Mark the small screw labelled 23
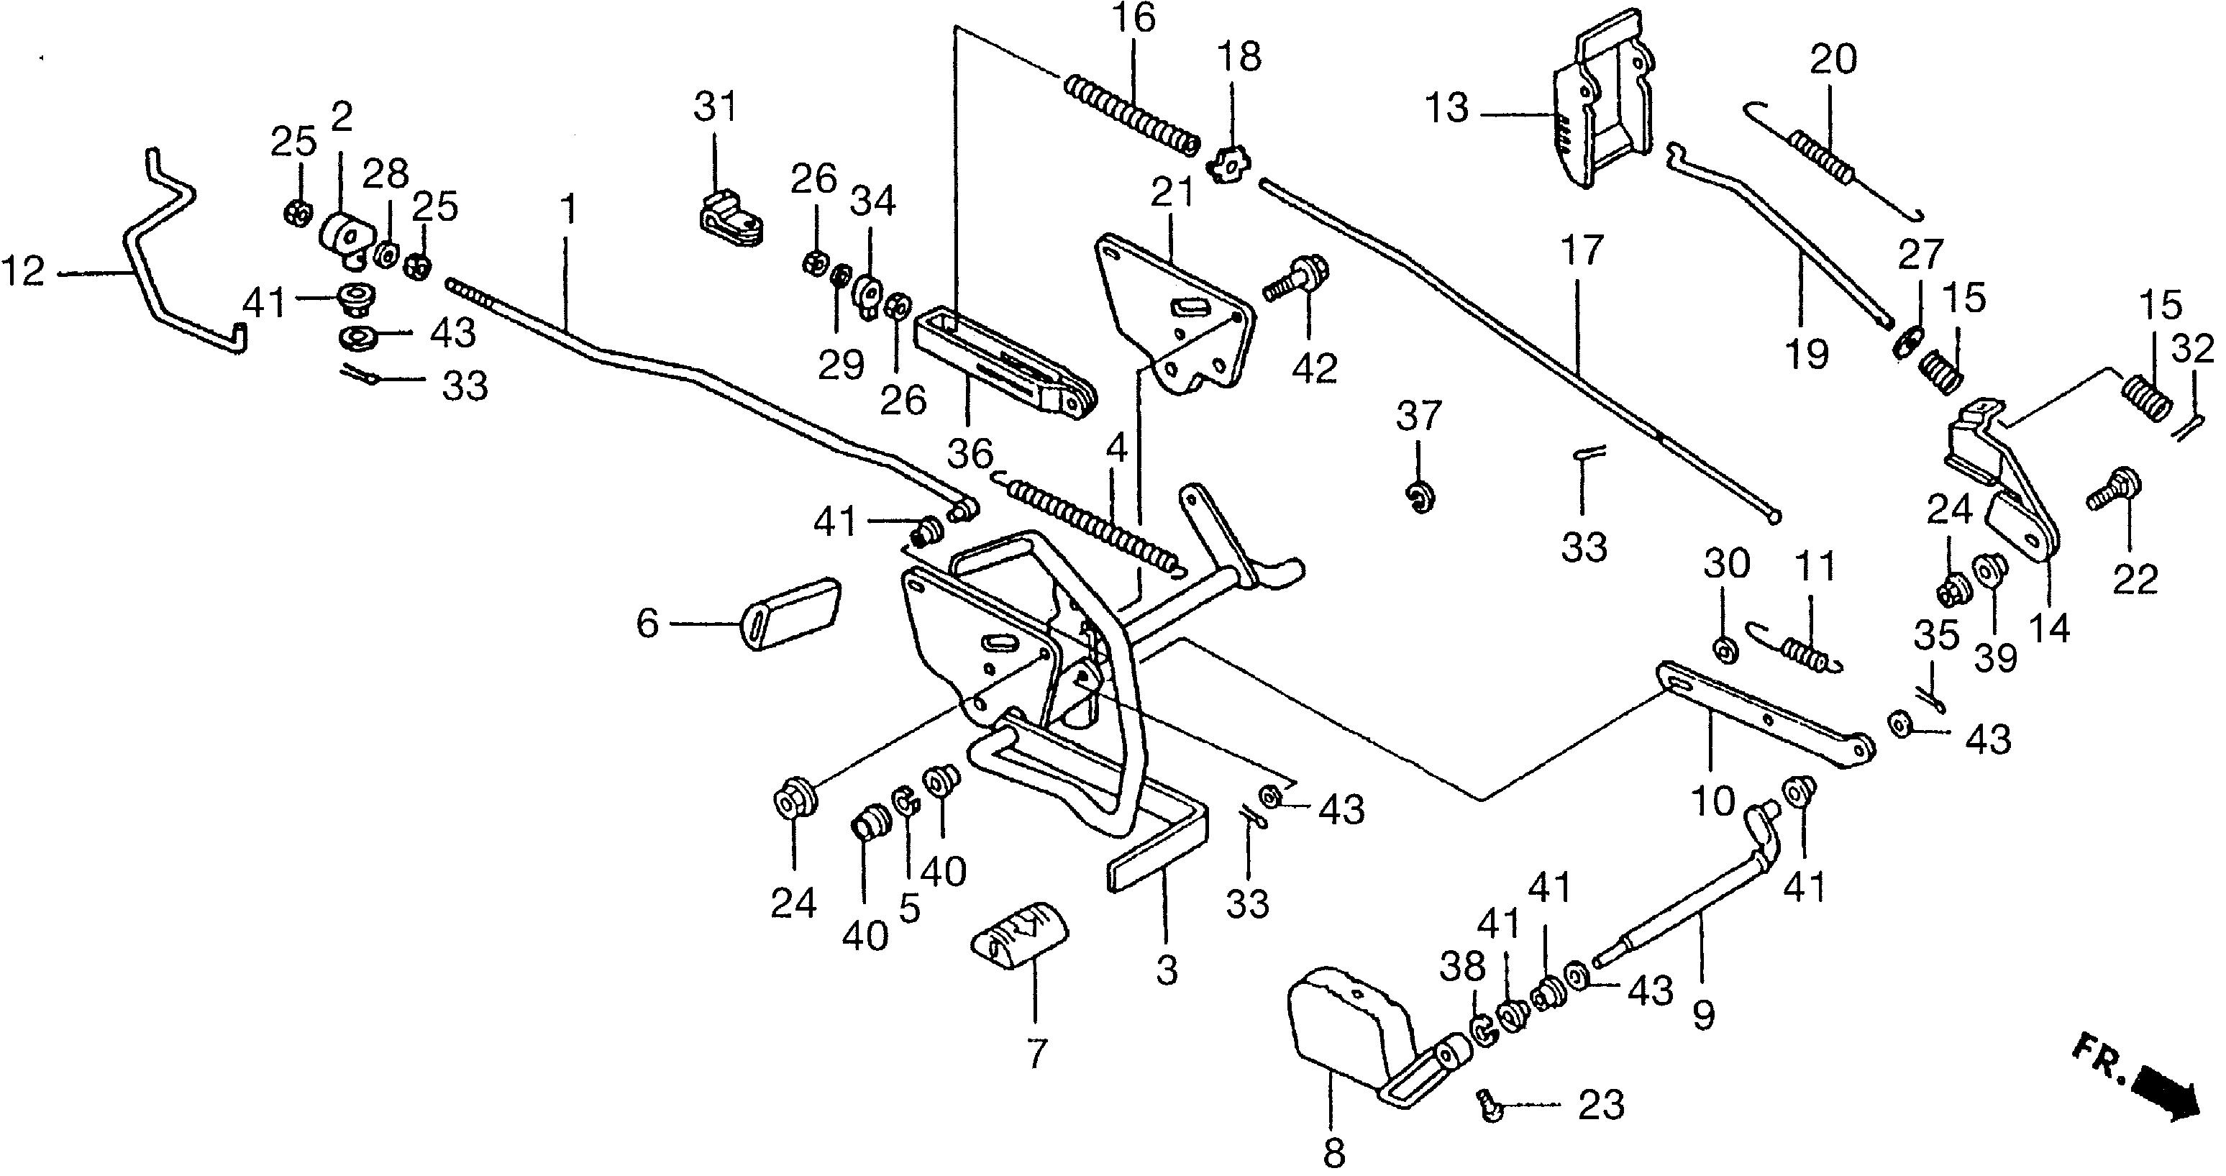(1492, 1105)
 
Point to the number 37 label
(1419, 416)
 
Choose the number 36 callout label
(970, 455)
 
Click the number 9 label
(1703, 1016)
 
